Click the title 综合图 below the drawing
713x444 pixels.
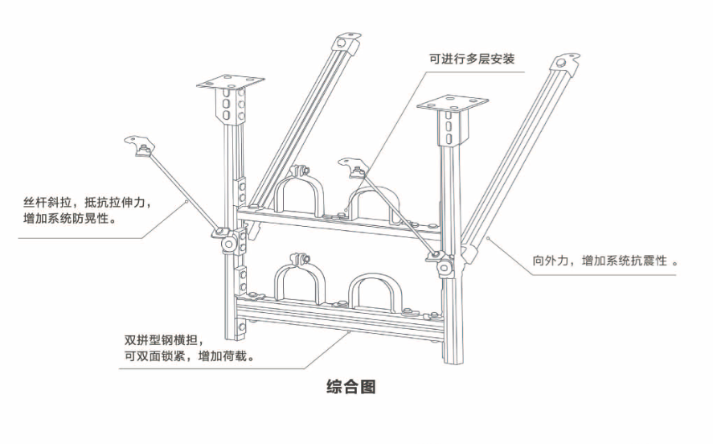coord(351,387)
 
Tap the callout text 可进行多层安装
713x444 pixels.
coord(472,60)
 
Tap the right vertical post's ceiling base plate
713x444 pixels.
coord(451,105)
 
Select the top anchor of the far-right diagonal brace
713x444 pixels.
coord(565,63)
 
